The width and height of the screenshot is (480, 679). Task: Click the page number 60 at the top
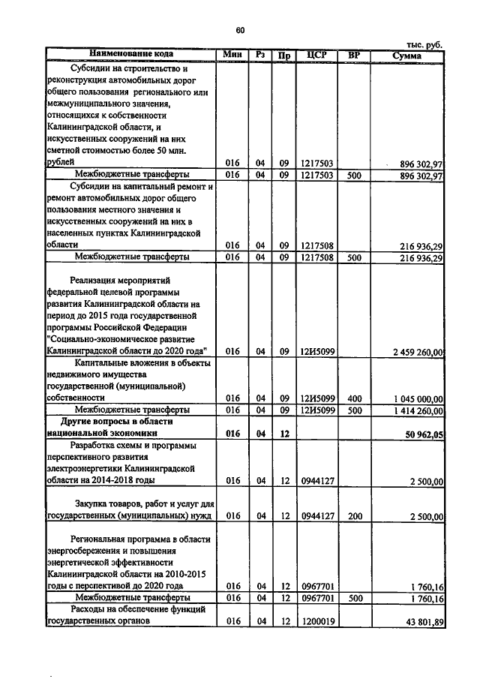(240, 30)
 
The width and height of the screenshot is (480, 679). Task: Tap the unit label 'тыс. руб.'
(424, 44)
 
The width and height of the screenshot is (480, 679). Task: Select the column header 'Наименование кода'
(131, 55)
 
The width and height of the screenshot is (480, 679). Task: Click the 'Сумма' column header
(406, 55)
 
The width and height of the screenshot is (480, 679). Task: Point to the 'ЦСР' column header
(315, 55)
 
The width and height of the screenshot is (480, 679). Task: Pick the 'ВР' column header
(354, 55)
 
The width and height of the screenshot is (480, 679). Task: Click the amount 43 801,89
(422, 622)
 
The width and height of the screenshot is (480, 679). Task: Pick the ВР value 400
(355, 398)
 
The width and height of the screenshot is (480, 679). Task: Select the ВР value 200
(355, 516)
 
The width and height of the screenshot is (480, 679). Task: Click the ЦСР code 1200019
(315, 622)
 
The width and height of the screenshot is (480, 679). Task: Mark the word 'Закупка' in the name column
(94, 504)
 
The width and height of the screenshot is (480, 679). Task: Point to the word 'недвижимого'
(74, 374)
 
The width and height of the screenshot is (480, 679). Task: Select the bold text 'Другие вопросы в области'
(131, 422)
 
